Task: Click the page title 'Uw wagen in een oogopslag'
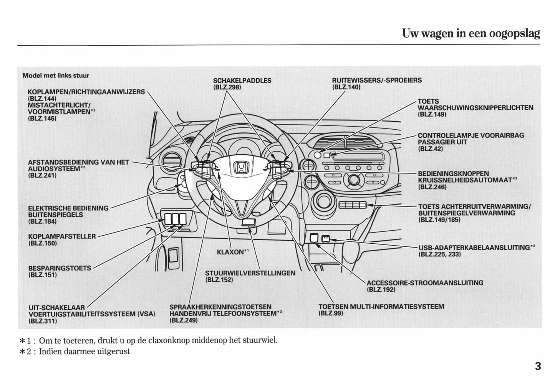[x=471, y=33]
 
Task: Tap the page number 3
[x=537, y=366]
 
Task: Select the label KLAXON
[x=231, y=252]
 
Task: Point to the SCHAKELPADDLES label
[x=242, y=81]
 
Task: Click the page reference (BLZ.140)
[x=346, y=87]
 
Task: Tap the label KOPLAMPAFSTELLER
[x=62, y=236]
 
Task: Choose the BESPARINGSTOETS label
[x=60, y=268]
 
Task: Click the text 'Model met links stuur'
[x=56, y=75]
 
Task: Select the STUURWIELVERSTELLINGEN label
[x=250, y=273]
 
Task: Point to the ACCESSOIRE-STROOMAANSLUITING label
[x=425, y=283]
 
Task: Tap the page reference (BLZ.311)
[x=43, y=321]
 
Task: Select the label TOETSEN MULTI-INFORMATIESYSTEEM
[x=381, y=307]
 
